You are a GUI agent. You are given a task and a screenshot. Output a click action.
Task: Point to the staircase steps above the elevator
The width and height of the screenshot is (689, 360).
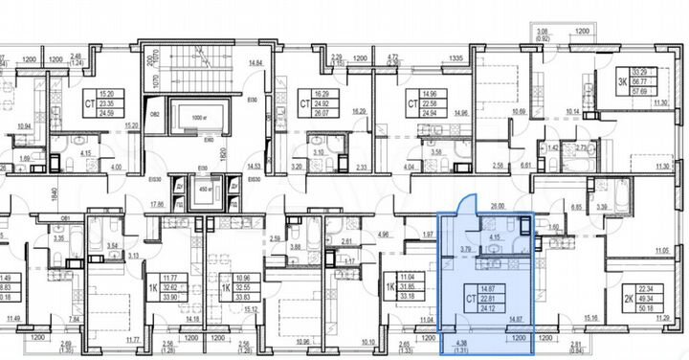click(x=200, y=66)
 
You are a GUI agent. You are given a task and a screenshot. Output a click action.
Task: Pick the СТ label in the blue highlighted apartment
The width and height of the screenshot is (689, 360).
click(x=471, y=299)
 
